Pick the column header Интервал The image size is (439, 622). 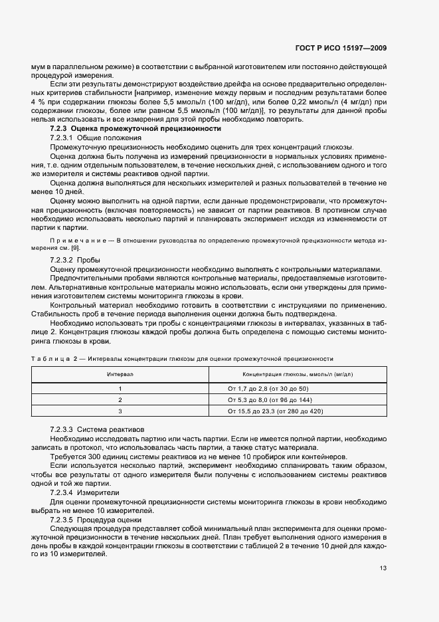click(x=120, y=375)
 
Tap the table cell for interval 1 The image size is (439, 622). click(x=120, y=388)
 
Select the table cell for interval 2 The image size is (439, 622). click(x=120, y=400)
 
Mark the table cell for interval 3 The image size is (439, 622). click(x=120, y=412)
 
